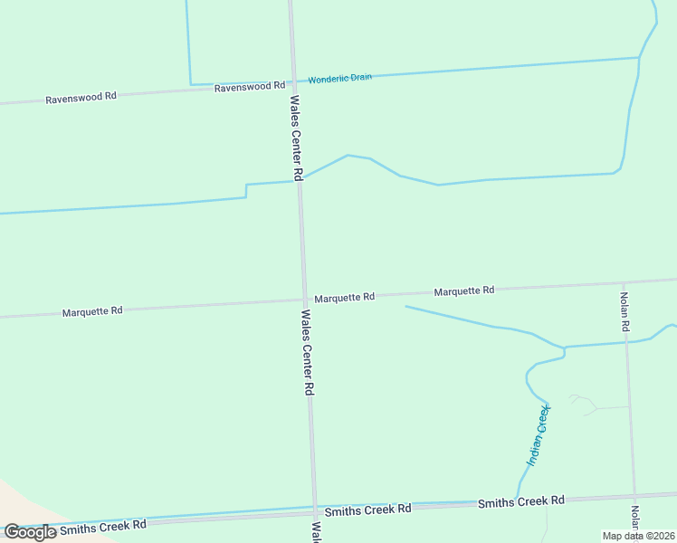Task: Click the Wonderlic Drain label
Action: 339,79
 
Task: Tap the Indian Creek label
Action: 539,436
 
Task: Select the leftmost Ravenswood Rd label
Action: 81,98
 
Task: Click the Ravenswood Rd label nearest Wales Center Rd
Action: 249,87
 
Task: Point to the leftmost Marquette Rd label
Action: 92,311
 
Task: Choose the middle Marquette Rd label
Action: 344,297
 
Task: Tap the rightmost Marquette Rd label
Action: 463,291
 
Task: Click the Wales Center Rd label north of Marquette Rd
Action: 296,136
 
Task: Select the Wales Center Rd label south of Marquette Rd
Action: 307,352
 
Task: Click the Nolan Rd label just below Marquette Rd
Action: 625,310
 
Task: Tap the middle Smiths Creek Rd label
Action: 367,510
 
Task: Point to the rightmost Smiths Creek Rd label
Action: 520,501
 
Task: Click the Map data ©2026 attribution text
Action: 638,536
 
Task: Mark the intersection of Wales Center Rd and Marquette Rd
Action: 303,300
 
